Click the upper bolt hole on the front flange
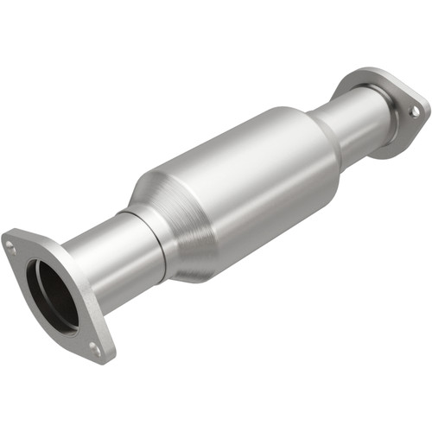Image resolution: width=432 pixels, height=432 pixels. click(x=11, y=246)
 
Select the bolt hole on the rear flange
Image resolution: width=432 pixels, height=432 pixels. click(x=414, y=111)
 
